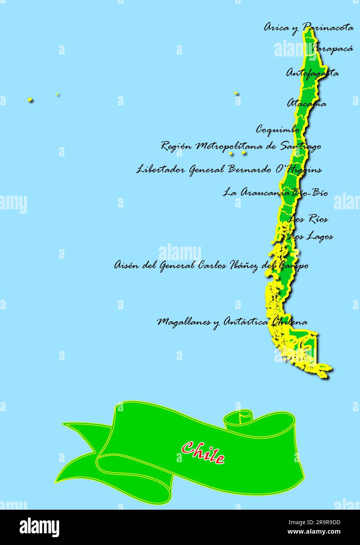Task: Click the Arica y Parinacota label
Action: coord(309,27)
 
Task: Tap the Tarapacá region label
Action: coord(333,49)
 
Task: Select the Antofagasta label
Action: coord(312,73)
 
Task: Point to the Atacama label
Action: coord(307,104)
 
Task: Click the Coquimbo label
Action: coord(278,129)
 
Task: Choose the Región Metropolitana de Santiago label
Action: coord(241,146)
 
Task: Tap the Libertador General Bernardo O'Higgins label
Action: coord(229,169)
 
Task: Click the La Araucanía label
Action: coord(257,193)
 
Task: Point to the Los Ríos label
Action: coord(308,219)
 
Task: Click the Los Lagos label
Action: coord(311,236)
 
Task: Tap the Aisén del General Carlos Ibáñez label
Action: coord(211,265)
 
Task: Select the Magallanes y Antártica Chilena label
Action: coord(232,322)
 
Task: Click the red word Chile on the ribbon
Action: coord(203,452)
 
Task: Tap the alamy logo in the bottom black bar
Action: coord(39,527)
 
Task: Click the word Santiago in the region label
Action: coord(300,146)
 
